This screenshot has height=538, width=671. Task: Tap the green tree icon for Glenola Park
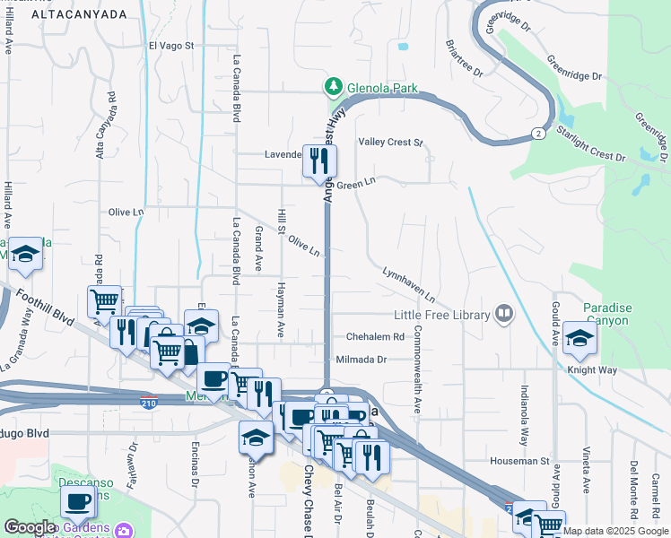(334, 87)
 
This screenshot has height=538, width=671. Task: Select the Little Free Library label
(442, 315)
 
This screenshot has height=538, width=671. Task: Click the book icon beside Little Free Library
(504, 314)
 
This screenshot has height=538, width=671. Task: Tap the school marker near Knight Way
(580, 340)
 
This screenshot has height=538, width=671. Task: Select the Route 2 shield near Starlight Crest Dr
(537, 134)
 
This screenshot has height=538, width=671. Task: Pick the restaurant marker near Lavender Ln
(320, 161)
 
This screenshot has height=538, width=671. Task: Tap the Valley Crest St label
(390, 143)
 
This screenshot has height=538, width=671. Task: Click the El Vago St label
(171, 45)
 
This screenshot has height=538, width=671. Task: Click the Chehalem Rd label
(376, 337)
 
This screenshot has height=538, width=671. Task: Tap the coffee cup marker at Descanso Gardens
(78, 502)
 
